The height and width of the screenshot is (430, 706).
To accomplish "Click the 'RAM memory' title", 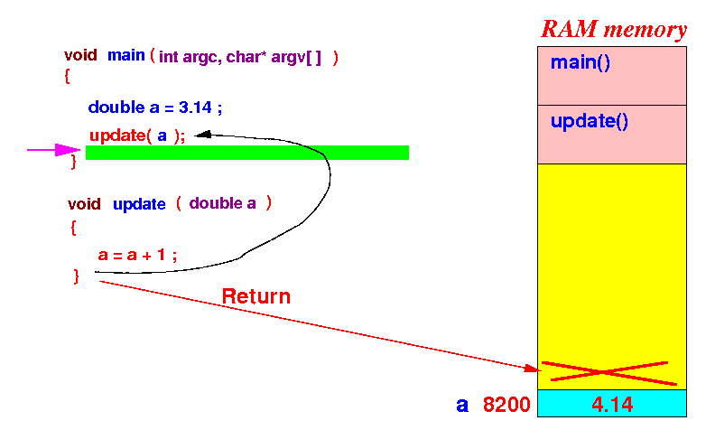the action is pyautogui.click(x=614, y=29).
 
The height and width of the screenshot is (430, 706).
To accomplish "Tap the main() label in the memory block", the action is pyautogui.click(x=581, y=62).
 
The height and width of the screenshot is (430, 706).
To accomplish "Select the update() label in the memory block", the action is pyautogui.click(x=589, y=121).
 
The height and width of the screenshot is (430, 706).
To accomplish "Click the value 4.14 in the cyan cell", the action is pyautogui.click(x=612, y=405).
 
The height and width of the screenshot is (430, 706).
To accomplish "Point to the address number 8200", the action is pyautogui.click(x=506, y=405).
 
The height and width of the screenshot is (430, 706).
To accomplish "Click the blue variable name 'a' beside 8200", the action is pyautogui.click(x=462, y=406).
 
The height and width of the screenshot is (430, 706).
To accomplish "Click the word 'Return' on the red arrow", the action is pyautogui.click(x=256, y=296).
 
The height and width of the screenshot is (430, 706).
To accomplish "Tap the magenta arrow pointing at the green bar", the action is pyautogui.click(x=53, y=150).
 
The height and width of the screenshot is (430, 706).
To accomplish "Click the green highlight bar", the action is pyautogui.click(x=247, y=153).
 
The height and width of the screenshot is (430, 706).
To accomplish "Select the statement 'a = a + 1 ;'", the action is pyautogui.click(x=137, y=255).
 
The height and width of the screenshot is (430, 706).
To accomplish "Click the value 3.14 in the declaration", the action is pyautogui.click(x=195, y=107).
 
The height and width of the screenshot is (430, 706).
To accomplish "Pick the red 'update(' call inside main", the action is pyautogui.click(x=120, y=136).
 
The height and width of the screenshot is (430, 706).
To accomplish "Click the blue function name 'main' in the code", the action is pyautogui.click(x=126, y=55).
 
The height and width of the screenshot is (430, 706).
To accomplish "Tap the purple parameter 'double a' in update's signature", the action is pyautogui.click(x=222, y=204).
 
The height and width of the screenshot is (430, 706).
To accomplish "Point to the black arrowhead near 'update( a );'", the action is pyautogui.click(x=203, y=134).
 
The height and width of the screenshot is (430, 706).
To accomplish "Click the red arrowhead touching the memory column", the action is pyautogui.click(x=532, y=369).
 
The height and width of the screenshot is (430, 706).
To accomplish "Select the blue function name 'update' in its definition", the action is pyautogui.click(x=139, y=204).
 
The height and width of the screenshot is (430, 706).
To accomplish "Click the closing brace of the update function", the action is pyautogui.click(x=76, y=276).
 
